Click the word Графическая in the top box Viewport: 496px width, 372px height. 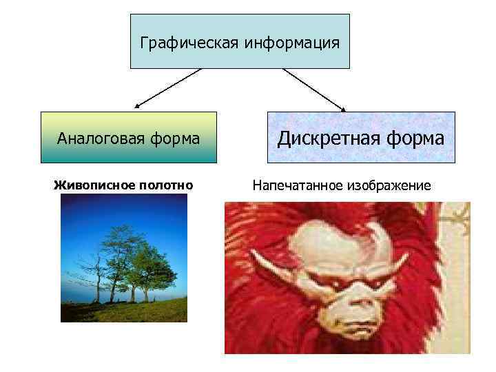180,43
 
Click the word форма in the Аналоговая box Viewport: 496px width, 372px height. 175,138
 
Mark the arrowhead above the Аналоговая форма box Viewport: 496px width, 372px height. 137,107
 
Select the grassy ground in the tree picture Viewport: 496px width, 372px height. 124,310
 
